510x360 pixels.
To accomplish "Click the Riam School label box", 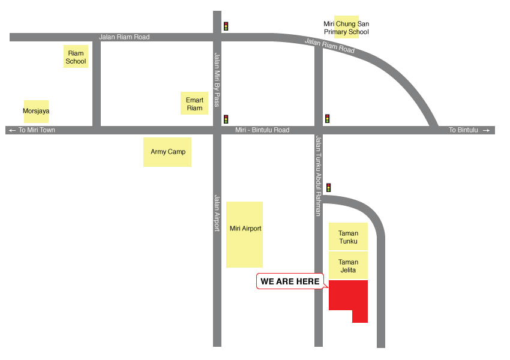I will (76, 57).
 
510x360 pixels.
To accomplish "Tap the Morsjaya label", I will (36, 111).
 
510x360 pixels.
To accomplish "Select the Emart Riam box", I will (194, 104).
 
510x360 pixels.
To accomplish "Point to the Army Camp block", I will (167, 152).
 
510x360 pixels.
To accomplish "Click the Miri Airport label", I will (245, 234).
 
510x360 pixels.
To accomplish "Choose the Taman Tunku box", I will (348, 237).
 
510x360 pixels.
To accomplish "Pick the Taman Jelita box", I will (348, 266).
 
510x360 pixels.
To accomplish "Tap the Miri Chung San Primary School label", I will (346, 28).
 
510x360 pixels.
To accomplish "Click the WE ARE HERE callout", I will (290, 281).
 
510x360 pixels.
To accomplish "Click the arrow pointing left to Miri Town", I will (11, 130).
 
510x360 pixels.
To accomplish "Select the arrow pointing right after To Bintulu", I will (487, 130).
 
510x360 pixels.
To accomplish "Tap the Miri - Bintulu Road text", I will (262, 130).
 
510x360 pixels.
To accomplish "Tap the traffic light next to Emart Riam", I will (226, 119).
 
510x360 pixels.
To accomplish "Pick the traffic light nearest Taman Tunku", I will (328, 188).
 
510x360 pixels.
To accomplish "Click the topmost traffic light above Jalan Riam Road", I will (226, 26).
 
